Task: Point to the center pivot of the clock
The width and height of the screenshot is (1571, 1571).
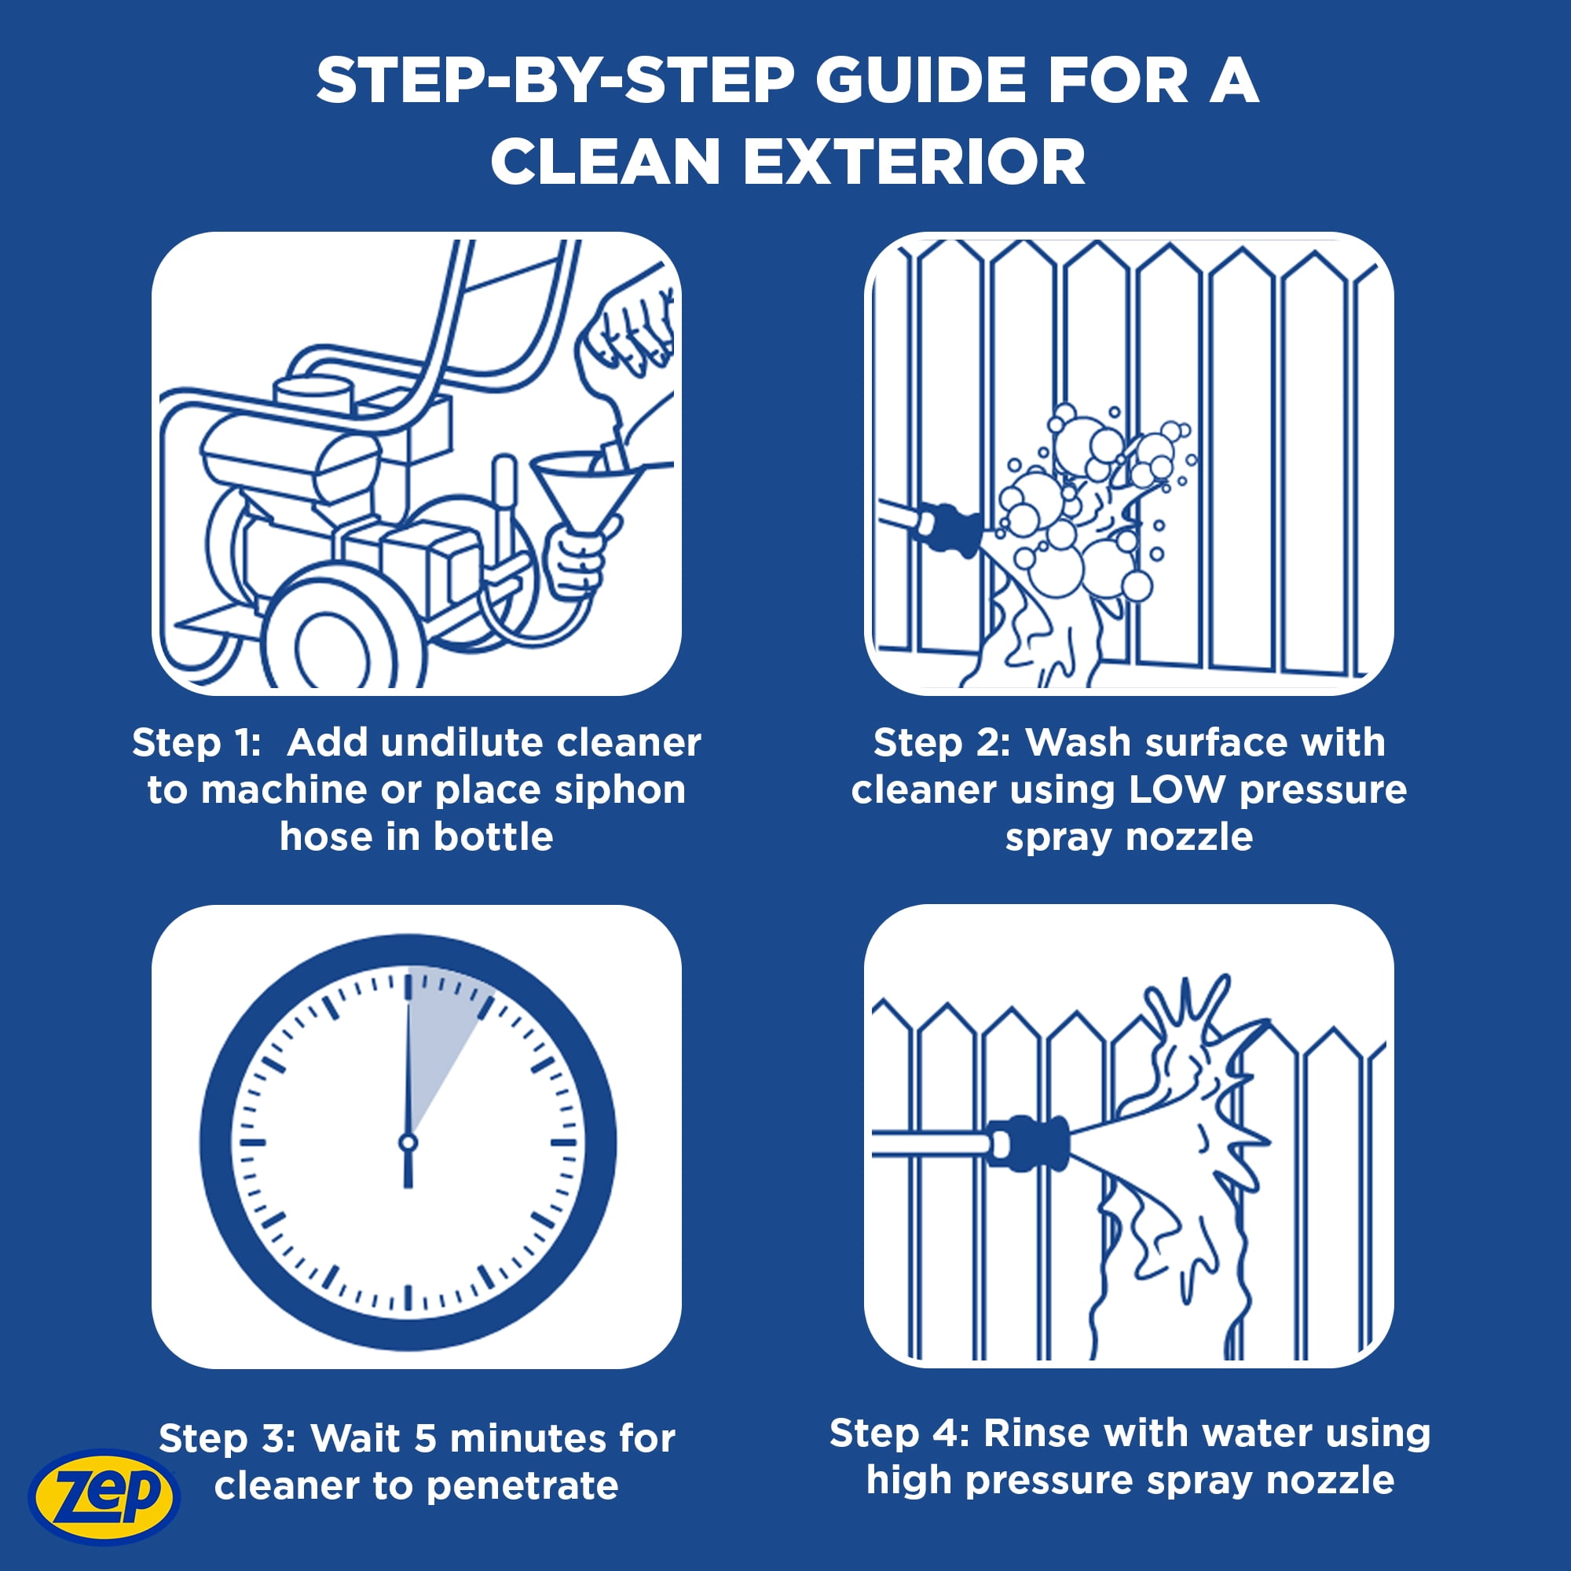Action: point(408,1142)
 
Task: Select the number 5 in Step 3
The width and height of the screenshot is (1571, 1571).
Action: point(425,1438)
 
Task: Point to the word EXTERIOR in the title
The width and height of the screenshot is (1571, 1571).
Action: point(914,162)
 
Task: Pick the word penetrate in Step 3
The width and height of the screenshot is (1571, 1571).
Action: point(522,1485)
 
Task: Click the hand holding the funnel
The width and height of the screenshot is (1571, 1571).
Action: point(576,561)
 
